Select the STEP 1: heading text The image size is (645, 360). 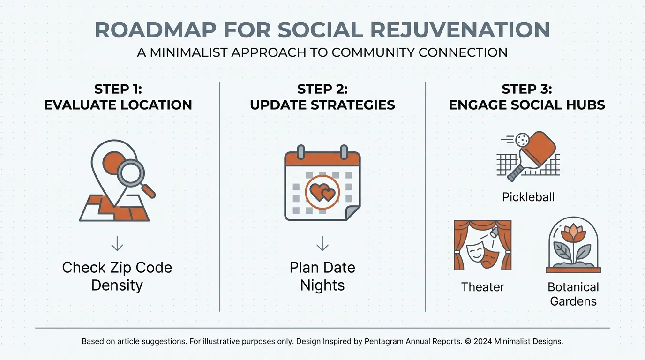(x=118, y=89)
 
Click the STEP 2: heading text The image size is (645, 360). (x=322, y=89)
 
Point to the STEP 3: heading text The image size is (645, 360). (x=527, y=89)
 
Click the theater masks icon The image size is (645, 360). (x=483, y=255)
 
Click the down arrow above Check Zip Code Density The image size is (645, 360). (x=117, y=244)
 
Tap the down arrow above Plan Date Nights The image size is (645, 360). (x=322, y=244)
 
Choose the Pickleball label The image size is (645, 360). (x=528, y=197)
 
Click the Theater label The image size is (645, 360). (x=483, y=287)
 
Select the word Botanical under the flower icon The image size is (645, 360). (x=573, y=287)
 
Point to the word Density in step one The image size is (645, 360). (x=117, y=285)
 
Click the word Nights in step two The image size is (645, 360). (x=322, y=285)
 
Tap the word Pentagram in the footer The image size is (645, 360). (x=386, y=341)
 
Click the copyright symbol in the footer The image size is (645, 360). (x=467, y=341)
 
